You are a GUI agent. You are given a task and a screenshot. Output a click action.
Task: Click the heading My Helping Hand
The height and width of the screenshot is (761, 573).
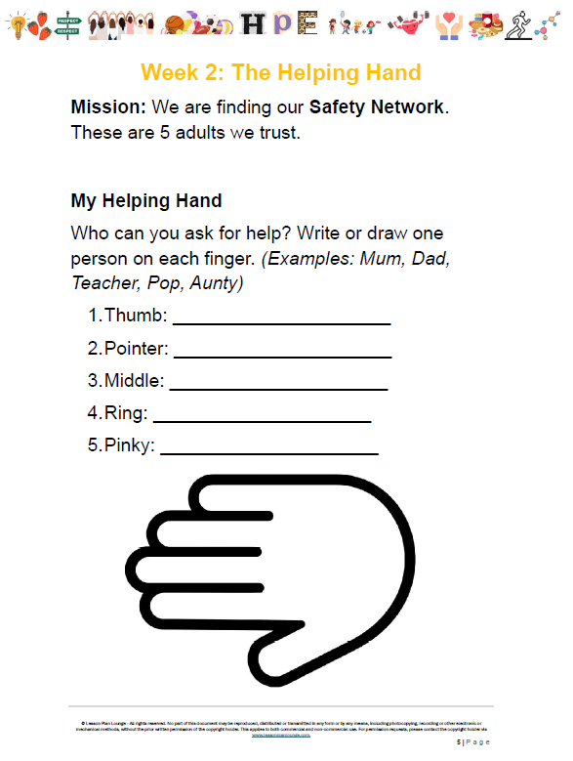(146, 201)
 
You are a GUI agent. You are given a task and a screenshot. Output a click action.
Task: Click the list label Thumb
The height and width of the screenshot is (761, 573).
(136, 316)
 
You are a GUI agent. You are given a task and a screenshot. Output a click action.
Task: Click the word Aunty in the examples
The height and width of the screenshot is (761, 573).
(217, 283)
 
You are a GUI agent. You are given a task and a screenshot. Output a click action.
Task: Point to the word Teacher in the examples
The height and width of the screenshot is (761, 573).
(102, 283)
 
